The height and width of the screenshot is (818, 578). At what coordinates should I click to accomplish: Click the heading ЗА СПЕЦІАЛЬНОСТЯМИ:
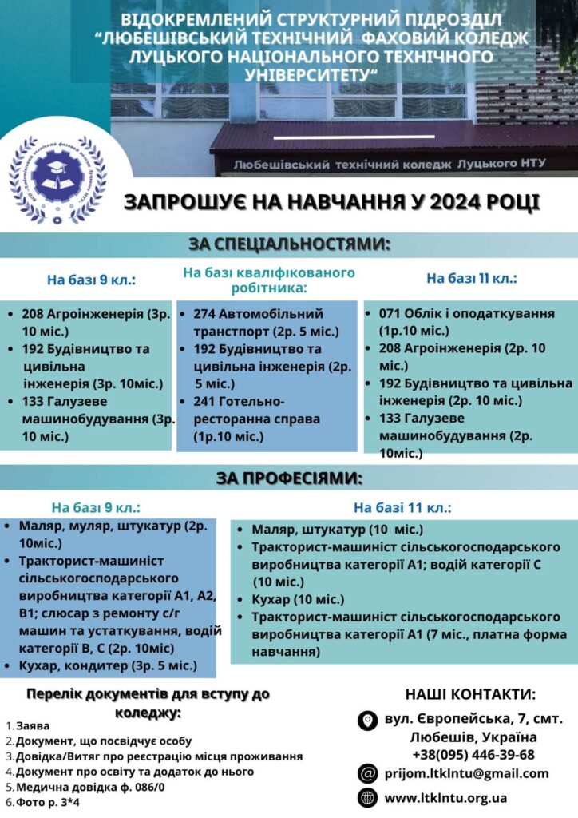point(289,244)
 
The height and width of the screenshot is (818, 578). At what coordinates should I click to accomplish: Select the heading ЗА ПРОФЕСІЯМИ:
point(289,478)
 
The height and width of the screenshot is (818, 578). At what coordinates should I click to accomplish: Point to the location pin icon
point(368,720)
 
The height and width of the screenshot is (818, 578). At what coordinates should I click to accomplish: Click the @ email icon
point(368,772)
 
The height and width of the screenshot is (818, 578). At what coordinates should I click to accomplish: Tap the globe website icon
point(368,797)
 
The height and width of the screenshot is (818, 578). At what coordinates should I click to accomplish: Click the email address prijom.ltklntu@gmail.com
point(466,772)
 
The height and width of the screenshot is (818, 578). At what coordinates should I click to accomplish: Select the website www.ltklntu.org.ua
point(445,797)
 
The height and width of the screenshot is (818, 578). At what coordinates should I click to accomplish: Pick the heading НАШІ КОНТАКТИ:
point(470,693)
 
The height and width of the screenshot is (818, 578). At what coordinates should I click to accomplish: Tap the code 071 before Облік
point(390,313)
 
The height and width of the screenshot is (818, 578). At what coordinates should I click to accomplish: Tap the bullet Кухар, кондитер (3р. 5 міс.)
point(109,665)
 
